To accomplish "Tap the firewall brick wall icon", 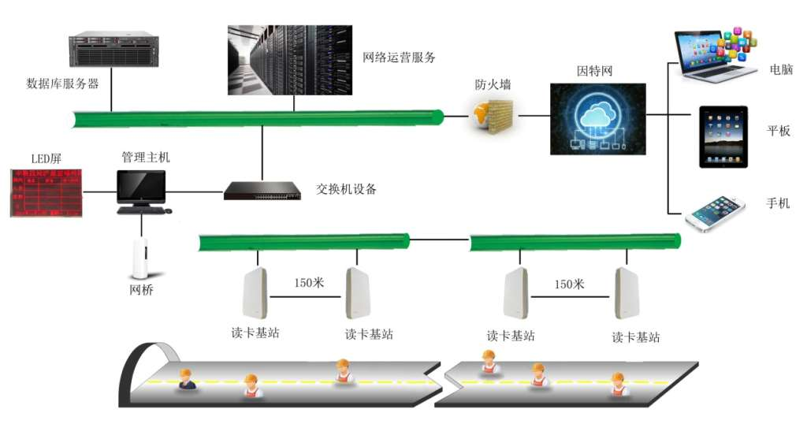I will pos(493,115).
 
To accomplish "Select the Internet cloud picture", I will pos(597,118).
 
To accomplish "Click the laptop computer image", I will pos(715,55).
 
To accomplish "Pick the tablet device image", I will pos(723,136).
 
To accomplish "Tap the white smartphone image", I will pos(716,211).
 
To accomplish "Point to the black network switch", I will pos(262,190).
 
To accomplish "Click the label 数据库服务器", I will pos(63,84).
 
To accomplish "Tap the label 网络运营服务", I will pos(399,57).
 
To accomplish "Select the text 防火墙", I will pos(493,84).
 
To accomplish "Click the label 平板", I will pos(779,132).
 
